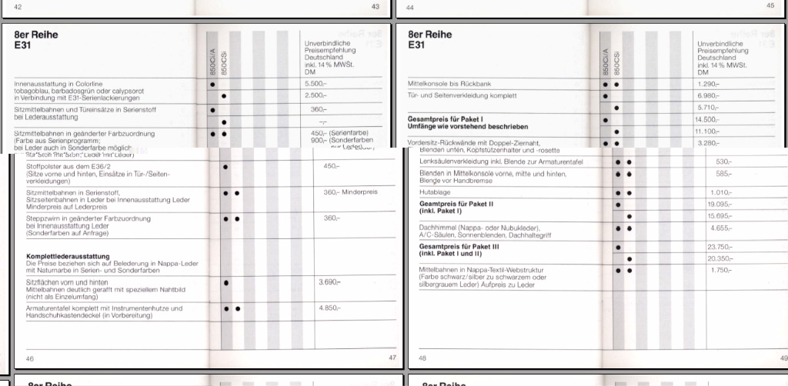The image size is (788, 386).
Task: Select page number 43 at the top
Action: click(375, 6)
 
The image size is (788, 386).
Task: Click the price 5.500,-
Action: click(316, 83)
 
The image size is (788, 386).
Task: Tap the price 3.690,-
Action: click(329, 282)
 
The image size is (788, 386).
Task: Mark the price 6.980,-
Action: click(707, 95)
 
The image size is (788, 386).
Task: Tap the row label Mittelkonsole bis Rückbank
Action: click(446, 83)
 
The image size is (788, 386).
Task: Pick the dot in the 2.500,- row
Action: click(223, 96)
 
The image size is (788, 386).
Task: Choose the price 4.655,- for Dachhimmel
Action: click(720, 228)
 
